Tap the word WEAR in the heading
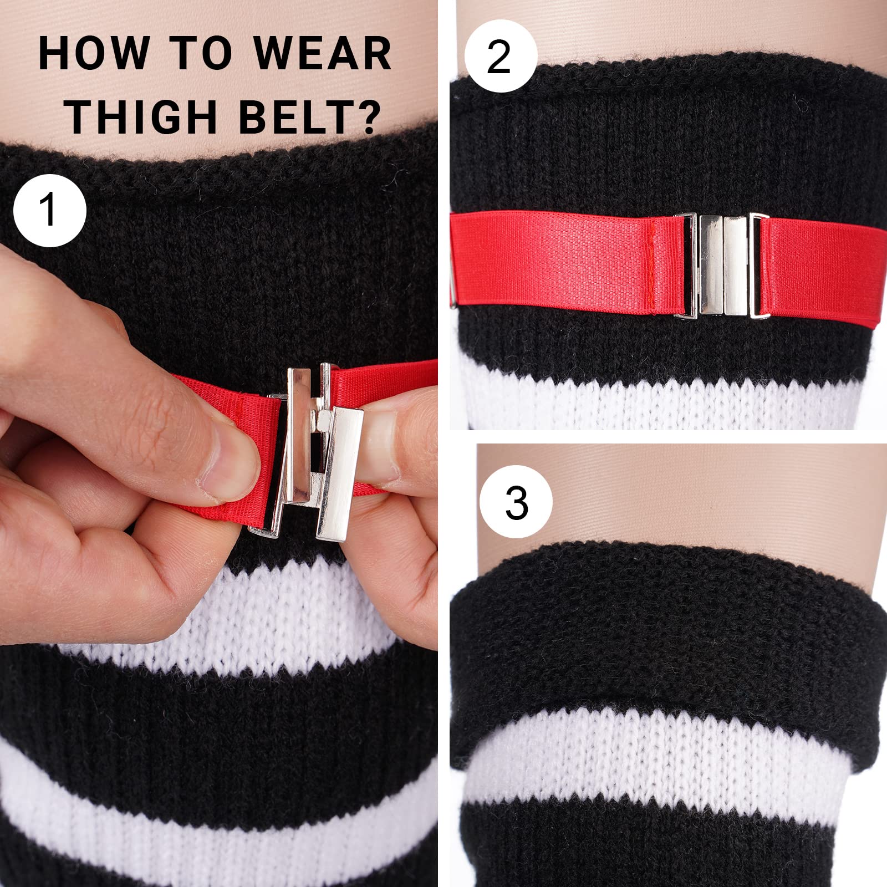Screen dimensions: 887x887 323,54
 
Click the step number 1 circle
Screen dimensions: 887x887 50,211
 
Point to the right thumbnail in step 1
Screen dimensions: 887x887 383,438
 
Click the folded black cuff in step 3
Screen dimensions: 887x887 665,638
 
